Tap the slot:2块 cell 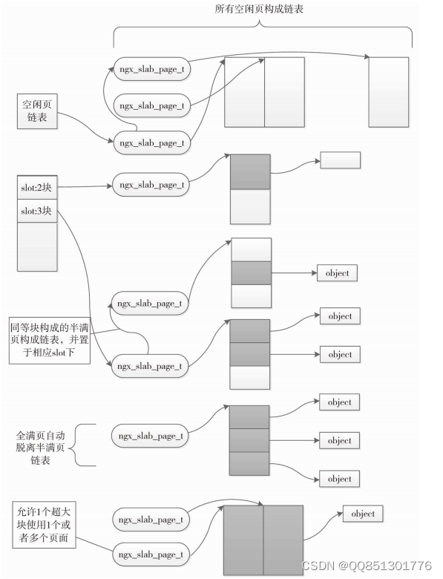point(36,189)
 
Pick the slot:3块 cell point(36,210)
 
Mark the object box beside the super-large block point(362,514)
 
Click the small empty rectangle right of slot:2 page point(340,160)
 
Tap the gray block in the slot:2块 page point(250,171)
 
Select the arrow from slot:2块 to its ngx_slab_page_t point(83,186)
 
